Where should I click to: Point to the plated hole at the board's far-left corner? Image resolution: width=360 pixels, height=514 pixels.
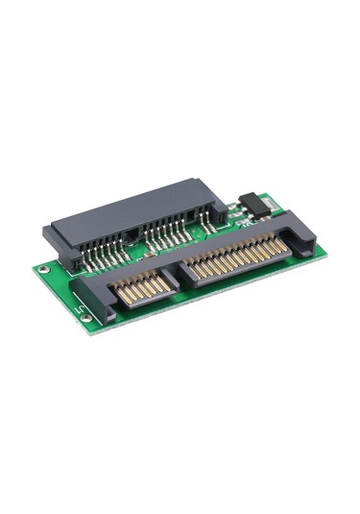[x=41, y=269]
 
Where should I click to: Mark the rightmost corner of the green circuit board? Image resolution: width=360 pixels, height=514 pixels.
[x=326, y=252]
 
